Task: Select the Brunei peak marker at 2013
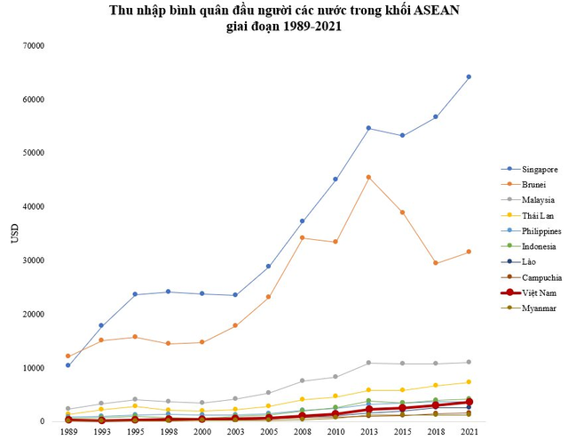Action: pos(368,177)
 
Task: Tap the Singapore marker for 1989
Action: pos(68,365)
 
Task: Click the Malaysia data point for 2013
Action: pos(368,363)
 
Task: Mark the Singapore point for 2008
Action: pos(302,220)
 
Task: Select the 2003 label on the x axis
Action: pos(235,431)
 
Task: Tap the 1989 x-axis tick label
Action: pos(68,431)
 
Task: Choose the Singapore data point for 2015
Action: pos(402,135)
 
